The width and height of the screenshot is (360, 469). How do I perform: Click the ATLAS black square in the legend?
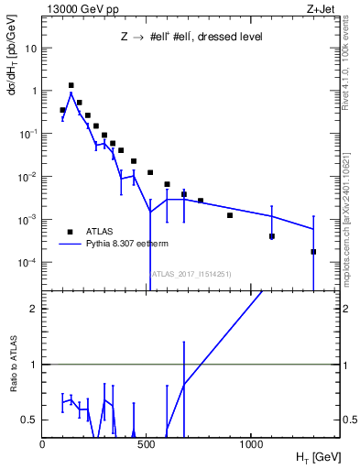click(70, 232)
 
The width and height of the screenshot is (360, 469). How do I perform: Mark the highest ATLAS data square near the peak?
click(71, 85)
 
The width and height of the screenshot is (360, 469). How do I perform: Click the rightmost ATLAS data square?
click(313, 252)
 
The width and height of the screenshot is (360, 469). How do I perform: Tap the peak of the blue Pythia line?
click(71, 93)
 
